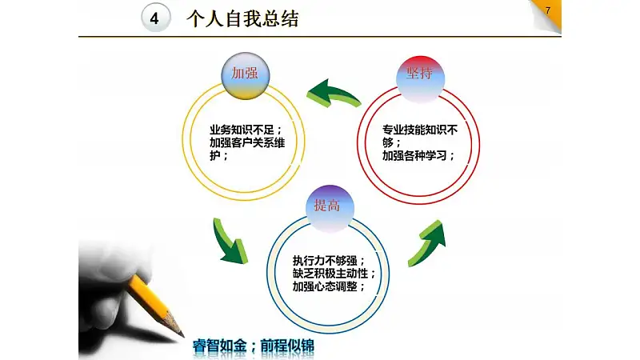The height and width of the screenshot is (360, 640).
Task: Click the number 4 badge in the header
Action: point(155,18)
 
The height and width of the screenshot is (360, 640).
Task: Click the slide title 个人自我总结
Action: point(242,18)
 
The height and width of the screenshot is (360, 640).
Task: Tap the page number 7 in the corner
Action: point(548,10)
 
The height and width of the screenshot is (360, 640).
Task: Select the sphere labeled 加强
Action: point(246,75)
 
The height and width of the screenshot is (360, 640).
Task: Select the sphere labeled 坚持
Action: point(420,79)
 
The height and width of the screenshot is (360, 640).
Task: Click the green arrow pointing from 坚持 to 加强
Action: point(333,94)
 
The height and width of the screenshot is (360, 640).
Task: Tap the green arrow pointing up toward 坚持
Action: point(427,243)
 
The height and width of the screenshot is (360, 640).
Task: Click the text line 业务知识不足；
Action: point(246,130)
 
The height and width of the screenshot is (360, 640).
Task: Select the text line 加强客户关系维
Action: point(247,143)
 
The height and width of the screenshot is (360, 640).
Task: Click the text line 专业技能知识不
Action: point(419,130)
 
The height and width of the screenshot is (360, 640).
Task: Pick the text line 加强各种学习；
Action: point(418,155)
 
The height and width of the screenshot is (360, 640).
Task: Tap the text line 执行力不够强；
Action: point(329,261)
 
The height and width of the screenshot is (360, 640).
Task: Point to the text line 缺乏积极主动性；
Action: point(334,274)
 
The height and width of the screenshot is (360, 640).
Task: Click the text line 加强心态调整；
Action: point(329,286)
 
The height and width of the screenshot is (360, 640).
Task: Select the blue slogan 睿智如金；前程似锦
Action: point(254,346)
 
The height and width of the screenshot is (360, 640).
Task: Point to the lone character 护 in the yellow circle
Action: point(214,155)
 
